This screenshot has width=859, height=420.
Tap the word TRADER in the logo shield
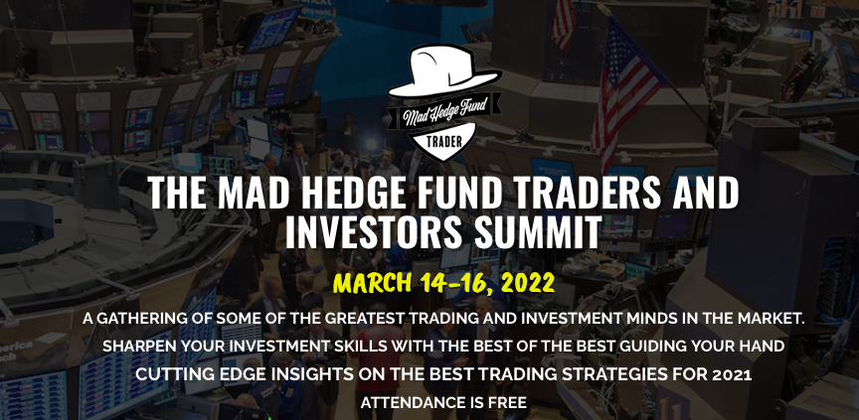click(443, 142)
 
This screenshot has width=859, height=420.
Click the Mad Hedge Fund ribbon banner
click(444, 112)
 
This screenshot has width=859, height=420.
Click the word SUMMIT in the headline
click(538, 232)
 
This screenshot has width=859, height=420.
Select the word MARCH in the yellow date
click(373, 283)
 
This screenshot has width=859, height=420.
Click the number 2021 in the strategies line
click(732, 374)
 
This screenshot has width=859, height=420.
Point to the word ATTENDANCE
click(409, 403)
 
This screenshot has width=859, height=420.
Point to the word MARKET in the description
click(773, 319)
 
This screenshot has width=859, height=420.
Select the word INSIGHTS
click(302, 374)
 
